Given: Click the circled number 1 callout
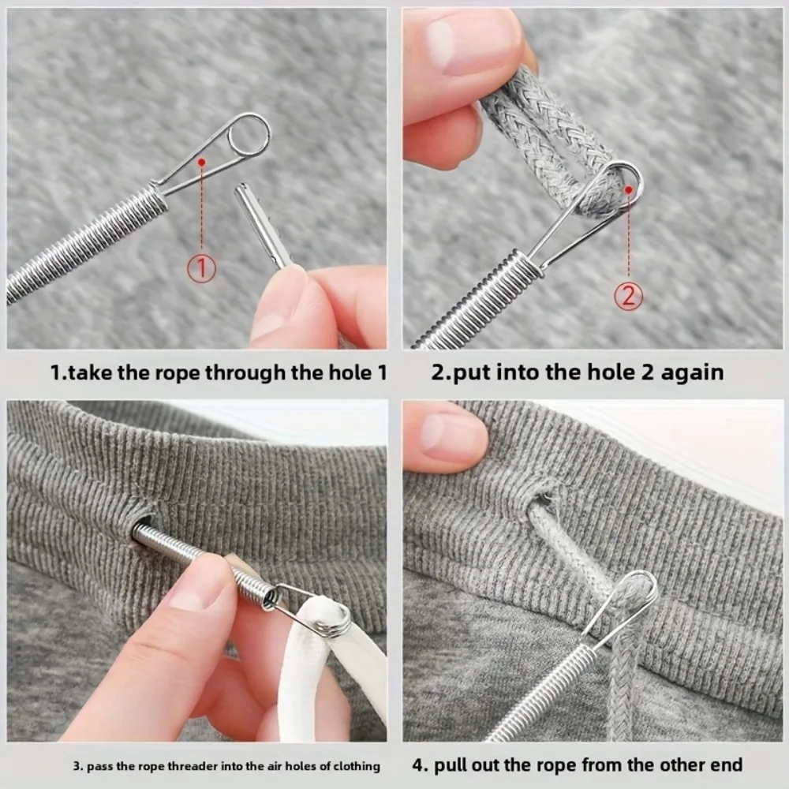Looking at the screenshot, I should point(201,269).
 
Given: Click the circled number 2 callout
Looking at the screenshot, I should point(629,296).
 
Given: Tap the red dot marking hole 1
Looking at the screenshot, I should point(203,162).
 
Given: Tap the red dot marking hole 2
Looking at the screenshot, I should point(630,189).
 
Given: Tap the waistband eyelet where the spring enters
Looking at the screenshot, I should point(142,526).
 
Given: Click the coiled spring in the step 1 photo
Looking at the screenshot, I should point(87,245).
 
